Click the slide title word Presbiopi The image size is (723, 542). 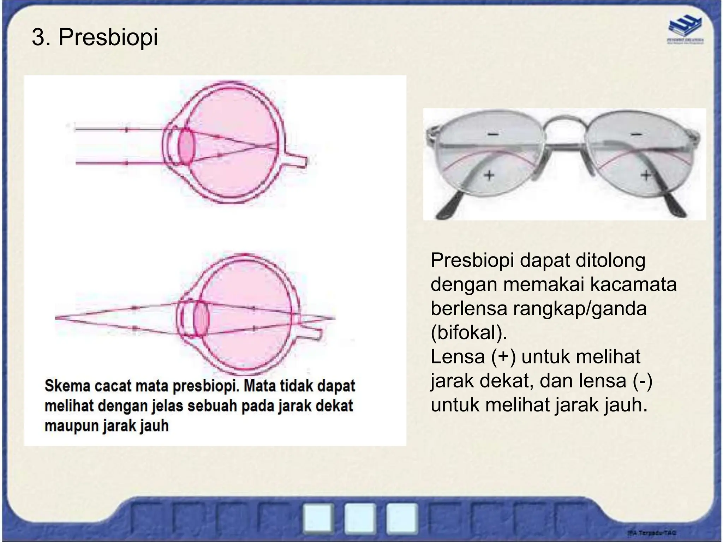coord(108,37)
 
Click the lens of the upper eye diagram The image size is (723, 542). coord(186,147)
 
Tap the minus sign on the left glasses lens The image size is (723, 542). coord(493,134)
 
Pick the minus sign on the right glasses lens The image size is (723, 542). coord(636,134)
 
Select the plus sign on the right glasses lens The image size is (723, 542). coord(646,175)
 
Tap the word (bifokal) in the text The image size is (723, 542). coord(469,332)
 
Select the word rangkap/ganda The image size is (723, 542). coord(579,308)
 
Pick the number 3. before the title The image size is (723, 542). coord(42,37)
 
